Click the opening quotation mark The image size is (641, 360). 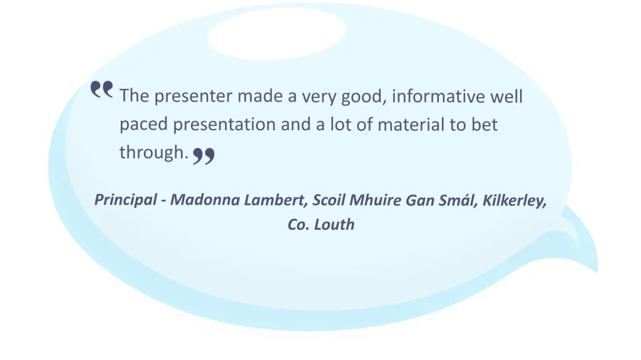(102, 89)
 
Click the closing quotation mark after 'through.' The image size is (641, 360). (203, 156)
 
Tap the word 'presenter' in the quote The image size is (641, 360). (193, 96)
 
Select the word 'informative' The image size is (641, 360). (438, 96)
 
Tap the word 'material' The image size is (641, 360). (411, 125)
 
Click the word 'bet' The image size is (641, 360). (485, 124)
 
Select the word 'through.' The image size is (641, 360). (154, 152)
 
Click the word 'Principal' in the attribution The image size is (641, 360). (125, 200)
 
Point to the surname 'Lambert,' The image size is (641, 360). (276, 200)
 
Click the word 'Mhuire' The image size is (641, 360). (375, 200)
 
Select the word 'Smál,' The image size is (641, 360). (458, 200)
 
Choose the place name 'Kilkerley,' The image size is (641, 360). (515, 200)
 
